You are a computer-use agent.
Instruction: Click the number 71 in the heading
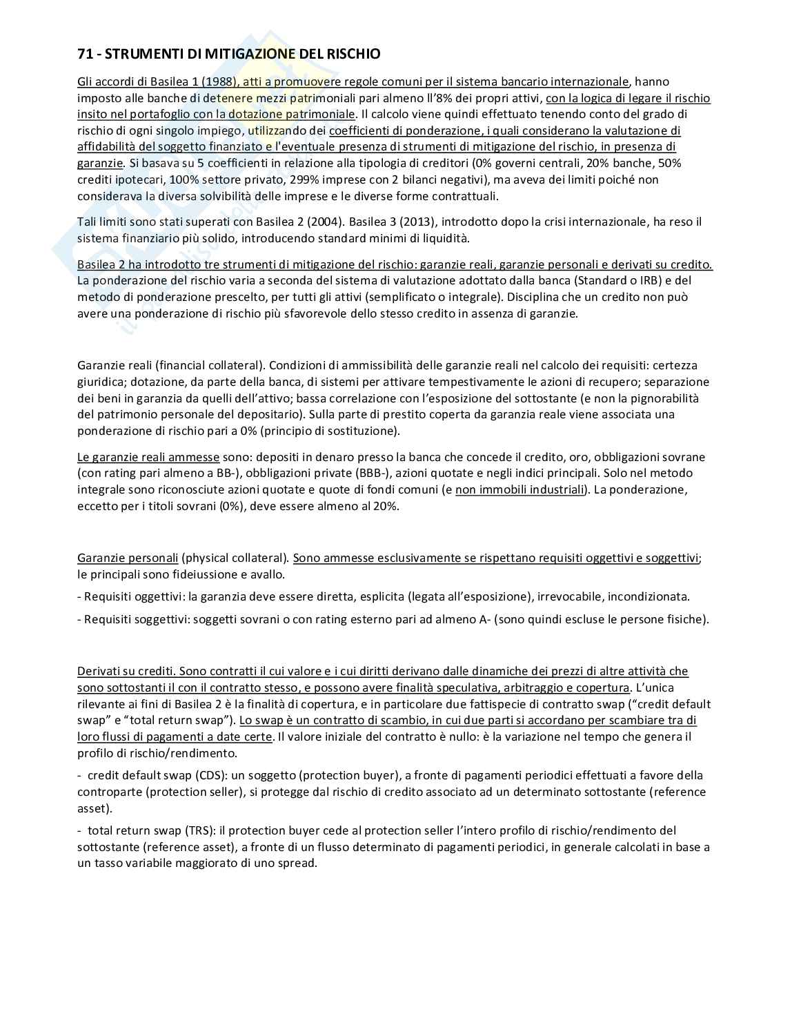point(83,53)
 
